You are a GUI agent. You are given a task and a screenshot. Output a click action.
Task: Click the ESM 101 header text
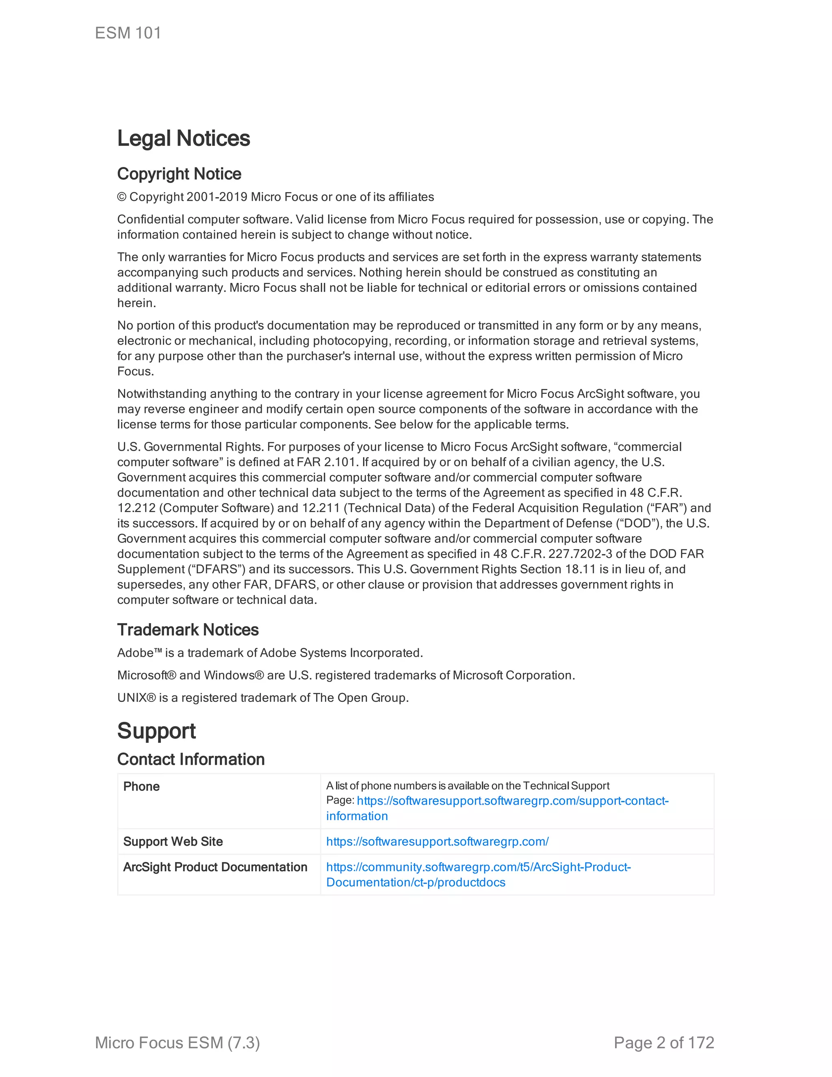click(128, 33)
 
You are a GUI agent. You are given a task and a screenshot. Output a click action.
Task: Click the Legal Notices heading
click(183, 139)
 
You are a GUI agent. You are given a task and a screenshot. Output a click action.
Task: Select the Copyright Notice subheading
click(179, 174)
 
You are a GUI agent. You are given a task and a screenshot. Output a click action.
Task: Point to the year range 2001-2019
click(217, 197)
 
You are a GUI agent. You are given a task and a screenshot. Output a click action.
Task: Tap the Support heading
click(156, 731)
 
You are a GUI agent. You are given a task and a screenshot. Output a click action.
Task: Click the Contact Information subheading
click(191, 760)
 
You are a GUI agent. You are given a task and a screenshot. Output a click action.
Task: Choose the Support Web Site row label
click(173, 842)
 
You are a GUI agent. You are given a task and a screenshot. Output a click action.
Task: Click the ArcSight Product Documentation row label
click(215, 867)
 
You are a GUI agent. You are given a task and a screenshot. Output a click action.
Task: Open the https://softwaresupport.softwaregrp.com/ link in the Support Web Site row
click(437, 842)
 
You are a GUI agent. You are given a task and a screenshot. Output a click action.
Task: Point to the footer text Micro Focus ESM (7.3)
click(178, 1043)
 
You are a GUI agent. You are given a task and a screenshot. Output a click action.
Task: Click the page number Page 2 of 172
click(664, 1043)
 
